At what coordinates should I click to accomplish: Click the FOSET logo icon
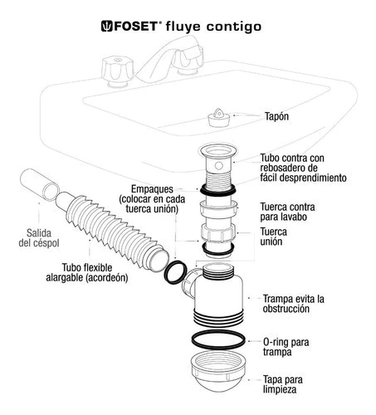pos(106,27)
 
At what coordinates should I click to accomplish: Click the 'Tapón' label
pos(276,116)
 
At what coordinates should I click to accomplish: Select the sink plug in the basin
pos(218,118)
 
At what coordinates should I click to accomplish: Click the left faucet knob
pos(118,71)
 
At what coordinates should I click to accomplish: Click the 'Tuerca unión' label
pos(273,237)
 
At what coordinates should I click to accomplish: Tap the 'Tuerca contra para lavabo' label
pos(287,212)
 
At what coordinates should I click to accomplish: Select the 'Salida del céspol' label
pos(39,238)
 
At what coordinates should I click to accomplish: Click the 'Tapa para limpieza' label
pos(282,384)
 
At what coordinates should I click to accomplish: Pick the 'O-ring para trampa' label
pos(286,347)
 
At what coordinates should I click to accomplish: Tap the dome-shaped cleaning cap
pos(218,372)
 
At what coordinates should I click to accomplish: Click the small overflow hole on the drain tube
pos(218,166)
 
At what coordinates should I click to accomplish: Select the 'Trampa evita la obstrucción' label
pos(294,304)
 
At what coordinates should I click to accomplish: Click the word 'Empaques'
pos(152,189)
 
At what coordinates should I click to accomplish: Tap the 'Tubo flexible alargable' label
pos(87,272)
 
